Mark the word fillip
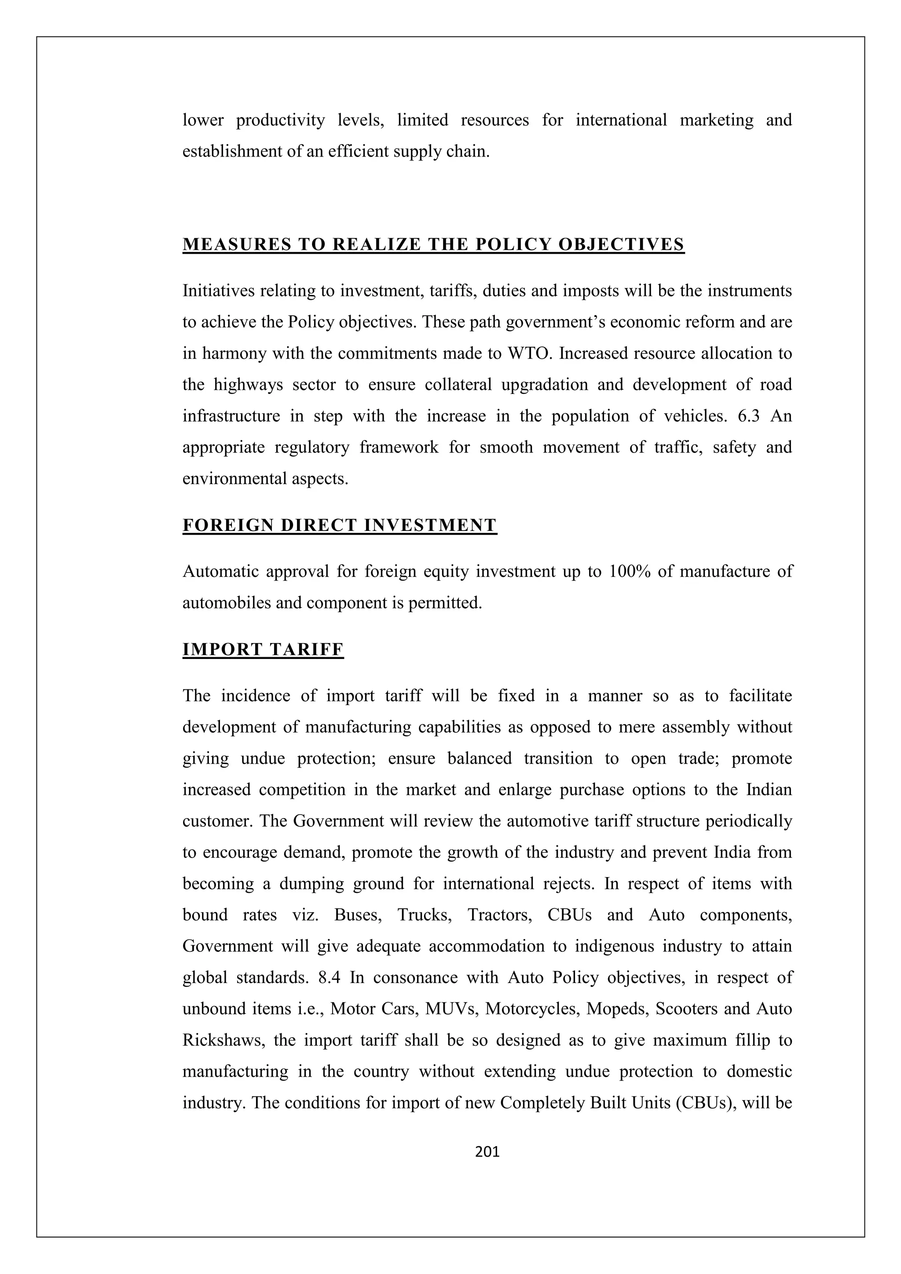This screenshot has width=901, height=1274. point(751,1040)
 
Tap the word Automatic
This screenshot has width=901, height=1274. point(220,571)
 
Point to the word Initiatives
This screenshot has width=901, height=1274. point(219,291)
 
